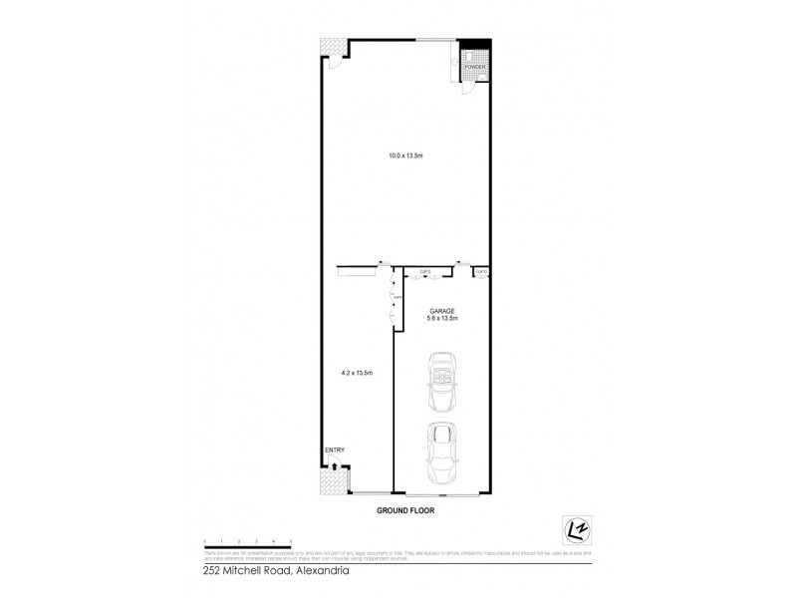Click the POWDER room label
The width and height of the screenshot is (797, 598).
(x=474, y=67)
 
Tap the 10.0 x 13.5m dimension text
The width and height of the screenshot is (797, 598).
(x=405, y=155)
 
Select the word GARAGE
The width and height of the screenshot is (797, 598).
(x=441, y=310)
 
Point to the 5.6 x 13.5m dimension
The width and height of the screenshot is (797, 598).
(x=441, y=319)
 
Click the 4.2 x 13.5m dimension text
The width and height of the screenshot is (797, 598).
(x=356, y=372)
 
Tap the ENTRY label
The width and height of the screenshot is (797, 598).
(x=334, y=450)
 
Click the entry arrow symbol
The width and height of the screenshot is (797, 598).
(x=335, y=464)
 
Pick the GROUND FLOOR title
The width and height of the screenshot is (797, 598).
(x=405, y=510)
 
